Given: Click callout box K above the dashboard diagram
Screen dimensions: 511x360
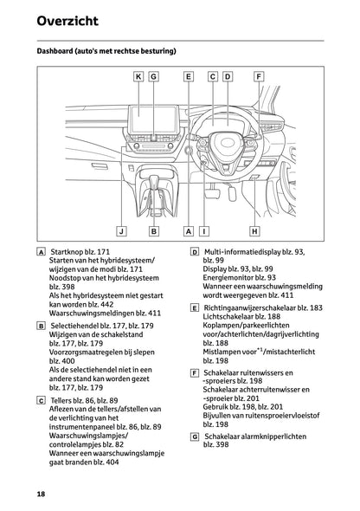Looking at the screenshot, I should point(138,76).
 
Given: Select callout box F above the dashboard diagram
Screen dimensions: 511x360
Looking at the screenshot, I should point(258,76).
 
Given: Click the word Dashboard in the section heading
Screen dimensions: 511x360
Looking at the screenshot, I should point(61,51).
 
